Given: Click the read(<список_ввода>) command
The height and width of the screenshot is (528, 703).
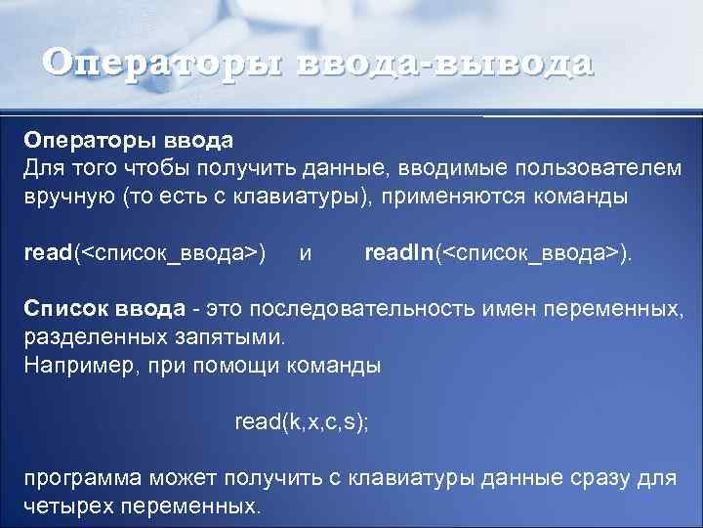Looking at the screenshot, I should [x=145, y=253].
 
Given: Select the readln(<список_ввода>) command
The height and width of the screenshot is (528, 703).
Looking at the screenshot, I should [x=498, y=253].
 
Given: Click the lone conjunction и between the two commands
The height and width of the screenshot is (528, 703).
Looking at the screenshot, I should [x=306, y=253].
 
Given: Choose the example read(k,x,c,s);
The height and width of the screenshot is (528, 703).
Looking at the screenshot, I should [x=302, y=422].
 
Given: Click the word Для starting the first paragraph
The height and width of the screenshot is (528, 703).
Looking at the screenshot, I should [x=43, y=168].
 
